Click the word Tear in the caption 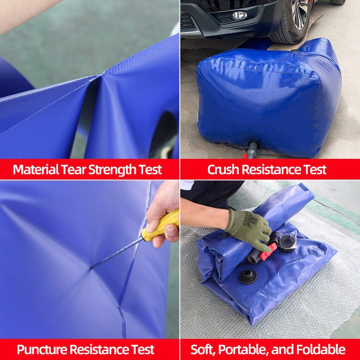click(x=74, y=170)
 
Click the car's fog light click(x=239, y=15)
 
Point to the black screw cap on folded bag click(x=247, y=276)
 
